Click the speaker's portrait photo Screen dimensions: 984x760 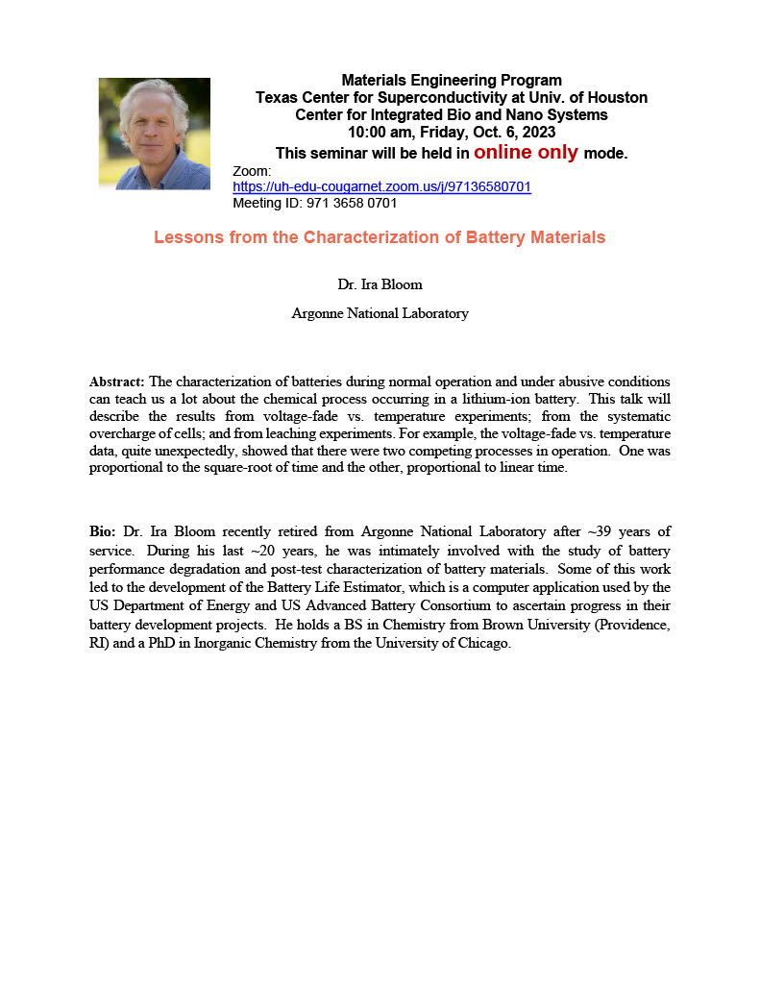click(x=154, y=134)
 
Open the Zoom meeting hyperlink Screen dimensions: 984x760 click(x=381, y=187)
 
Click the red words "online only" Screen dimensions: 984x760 click(x=526, y=153)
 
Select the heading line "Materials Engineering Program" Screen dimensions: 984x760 click(x=452, y=81)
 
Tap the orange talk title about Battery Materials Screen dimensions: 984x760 click(x=380, y=237)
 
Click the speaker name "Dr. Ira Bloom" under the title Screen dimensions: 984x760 click(x=380, y=285)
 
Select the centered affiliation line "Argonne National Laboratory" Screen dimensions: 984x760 click(x=380, y=313)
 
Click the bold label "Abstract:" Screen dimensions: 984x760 click(x=117, y=381)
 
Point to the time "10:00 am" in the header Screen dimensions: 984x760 click(x=377, y=133)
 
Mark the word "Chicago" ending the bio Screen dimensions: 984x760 click(x=484, y=644)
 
